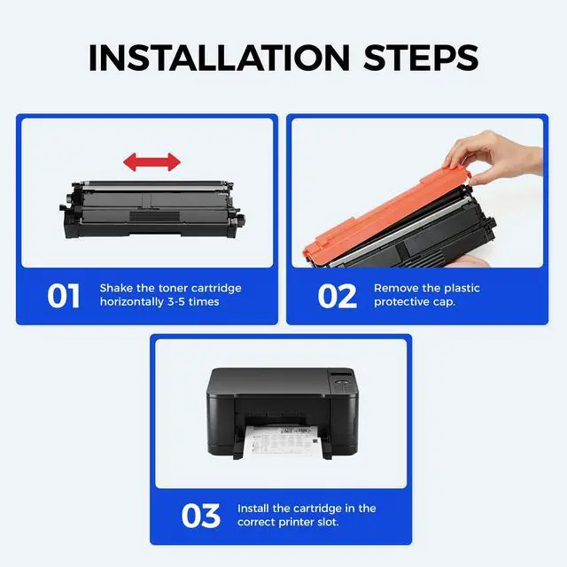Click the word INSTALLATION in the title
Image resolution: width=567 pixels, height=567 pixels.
tap(219, 58)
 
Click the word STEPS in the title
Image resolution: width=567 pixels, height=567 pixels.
tap(421, 58)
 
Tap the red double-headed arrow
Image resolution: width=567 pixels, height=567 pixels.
tap(151, 161)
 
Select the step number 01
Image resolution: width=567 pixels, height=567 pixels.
tap(63, 296)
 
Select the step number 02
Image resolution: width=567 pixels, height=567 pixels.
tap(337, 296)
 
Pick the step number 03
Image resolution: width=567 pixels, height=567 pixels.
tap(201, 516)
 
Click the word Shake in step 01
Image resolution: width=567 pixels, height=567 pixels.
tap(114, 288)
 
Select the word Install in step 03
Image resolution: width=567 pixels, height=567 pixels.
tap(253, 508)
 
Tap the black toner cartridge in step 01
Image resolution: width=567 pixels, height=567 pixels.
tap(151, 210)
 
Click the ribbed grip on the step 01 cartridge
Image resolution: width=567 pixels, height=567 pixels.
tap(155, 216)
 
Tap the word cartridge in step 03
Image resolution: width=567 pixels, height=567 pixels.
tap(317, 509)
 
